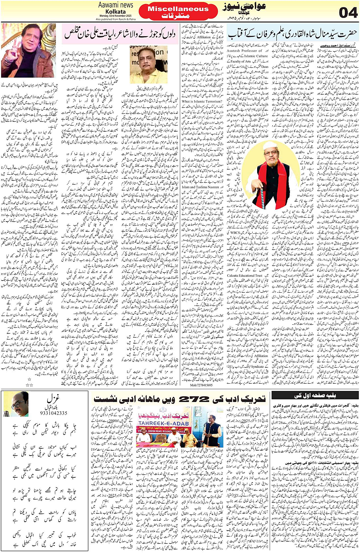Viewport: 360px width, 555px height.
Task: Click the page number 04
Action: point(348,12)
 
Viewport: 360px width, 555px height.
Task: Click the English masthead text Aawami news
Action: point(116,5)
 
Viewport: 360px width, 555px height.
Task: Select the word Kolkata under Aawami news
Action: point(116,11)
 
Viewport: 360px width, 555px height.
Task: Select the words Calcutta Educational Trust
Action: point(245,275)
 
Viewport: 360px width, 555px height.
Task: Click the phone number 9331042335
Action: point(53,413)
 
